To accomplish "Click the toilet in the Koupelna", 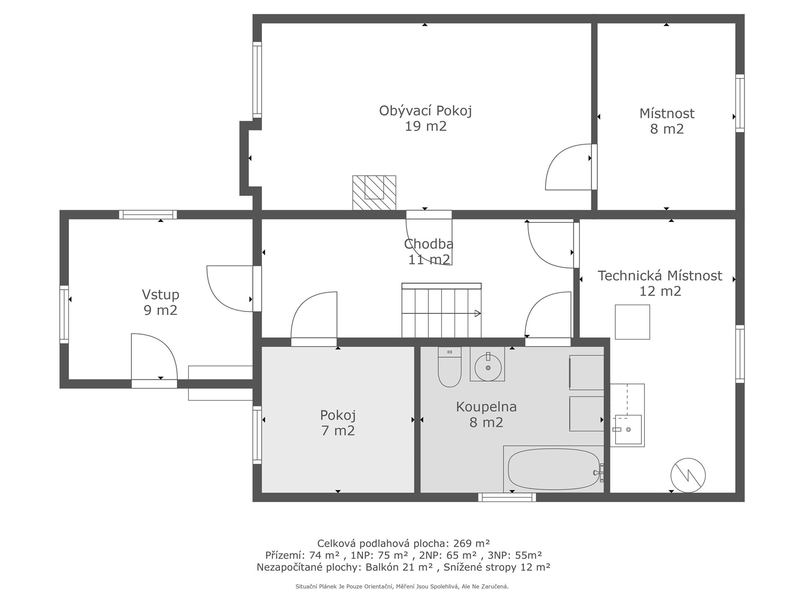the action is click(449, 367).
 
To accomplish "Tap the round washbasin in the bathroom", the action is click(488, 367).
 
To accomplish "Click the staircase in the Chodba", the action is click(441, 310).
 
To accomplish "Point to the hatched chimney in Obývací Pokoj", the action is click(374, 193).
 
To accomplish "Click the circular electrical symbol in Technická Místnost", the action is click(688, 475).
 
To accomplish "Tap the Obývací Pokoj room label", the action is click(425, 118).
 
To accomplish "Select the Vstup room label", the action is click(160, 302).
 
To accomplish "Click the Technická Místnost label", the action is click(660, 283).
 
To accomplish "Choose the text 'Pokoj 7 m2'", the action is click(338, 423).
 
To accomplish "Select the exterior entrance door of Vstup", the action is click(154, 361).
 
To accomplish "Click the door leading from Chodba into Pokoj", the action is click(314, 319).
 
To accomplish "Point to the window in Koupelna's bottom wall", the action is click(507, 497).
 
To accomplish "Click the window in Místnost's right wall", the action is click(740, 103).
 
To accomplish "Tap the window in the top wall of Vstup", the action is click(148, 215).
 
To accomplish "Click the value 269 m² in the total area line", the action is click(472, 543).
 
